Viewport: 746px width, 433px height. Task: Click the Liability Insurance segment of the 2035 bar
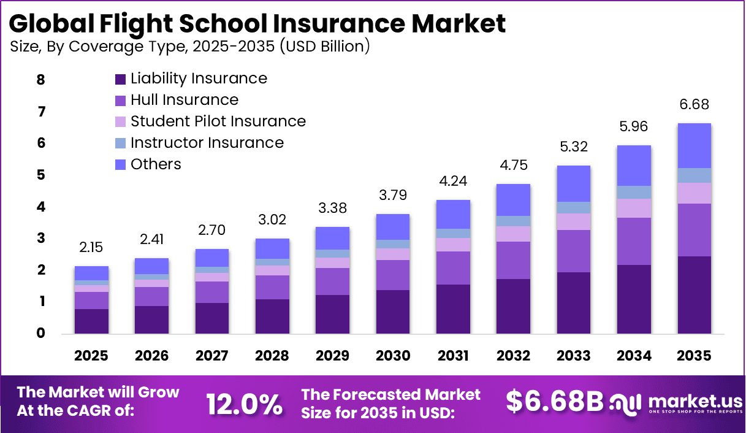click(x=694, y=295)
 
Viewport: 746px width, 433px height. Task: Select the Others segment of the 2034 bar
click(x=634, y=166)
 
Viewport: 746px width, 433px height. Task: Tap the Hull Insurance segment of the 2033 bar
click(x=573, y=251)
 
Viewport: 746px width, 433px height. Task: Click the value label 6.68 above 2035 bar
click(x=694, y=105)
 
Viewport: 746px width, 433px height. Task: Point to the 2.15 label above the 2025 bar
click(x=91, y=248)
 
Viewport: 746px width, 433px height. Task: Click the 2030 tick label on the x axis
click(x=392, y=356)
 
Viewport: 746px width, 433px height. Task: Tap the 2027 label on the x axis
click(x=212, y=356)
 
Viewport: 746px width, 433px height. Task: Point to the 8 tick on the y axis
click(x=41, y=80)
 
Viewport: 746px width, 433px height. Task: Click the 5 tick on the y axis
click(x=41, y=175)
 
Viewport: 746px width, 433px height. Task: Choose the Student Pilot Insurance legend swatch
click(x=120, y=121)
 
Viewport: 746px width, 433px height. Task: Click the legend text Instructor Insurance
click(x=207, y=143)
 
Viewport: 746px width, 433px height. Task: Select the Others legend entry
click(x=156, y=164)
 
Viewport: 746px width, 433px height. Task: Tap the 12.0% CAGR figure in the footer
click(x=244, y=404)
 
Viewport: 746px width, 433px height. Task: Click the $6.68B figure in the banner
click(x=555, y=401)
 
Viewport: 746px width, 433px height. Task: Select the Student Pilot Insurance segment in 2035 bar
click(x=694, y=193)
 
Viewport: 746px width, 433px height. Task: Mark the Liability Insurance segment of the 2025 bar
click(x=91, y=321)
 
